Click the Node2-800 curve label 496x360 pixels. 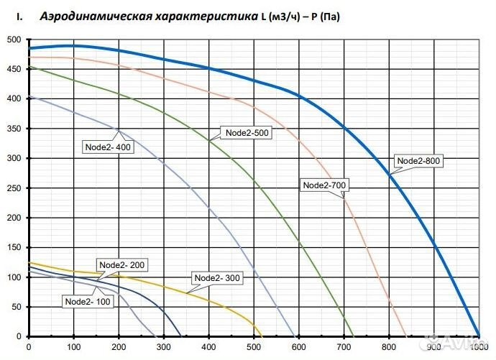[418, 161]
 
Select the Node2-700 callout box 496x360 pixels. [325, 185]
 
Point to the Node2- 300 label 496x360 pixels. [218, 278]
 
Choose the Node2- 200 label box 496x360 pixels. [122, 264]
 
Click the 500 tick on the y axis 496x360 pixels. [15, 40]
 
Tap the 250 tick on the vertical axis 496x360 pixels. [15, 188]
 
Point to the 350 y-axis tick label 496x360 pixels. [15, 129]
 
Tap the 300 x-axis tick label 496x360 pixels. [164, 348]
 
